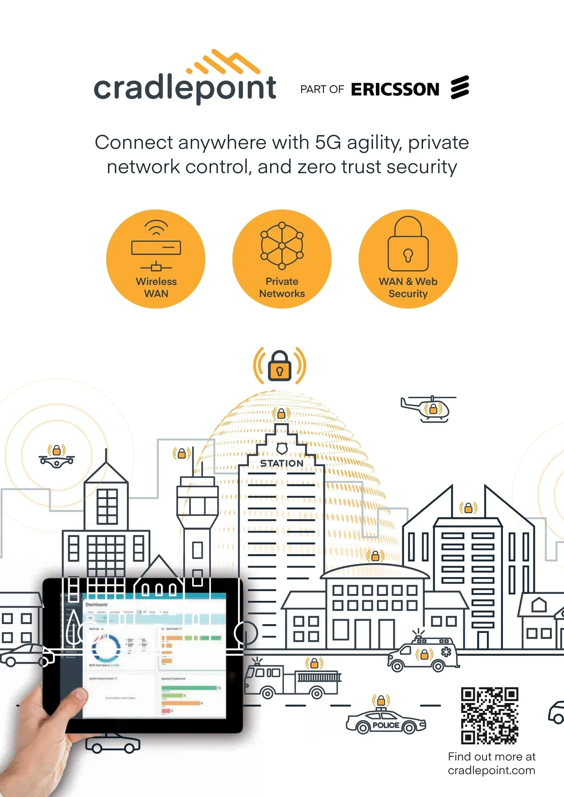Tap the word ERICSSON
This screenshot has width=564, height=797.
(395, 89)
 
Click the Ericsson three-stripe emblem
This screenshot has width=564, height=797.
(460, 87)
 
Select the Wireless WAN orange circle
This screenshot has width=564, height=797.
(156, 259)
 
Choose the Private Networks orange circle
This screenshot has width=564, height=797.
(282, 259)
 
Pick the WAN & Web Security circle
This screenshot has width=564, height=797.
(408, 259)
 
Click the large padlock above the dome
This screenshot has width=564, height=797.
(280, 366)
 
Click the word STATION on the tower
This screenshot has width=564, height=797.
(282, 463)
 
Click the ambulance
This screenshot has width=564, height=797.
(423, 654)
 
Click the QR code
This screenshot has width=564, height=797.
(489, 716)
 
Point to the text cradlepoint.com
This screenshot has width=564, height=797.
(491, 771)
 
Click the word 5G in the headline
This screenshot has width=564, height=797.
(328, 142)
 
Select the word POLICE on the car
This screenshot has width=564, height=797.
(386, 725)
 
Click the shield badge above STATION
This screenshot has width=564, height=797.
(282, 448)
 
